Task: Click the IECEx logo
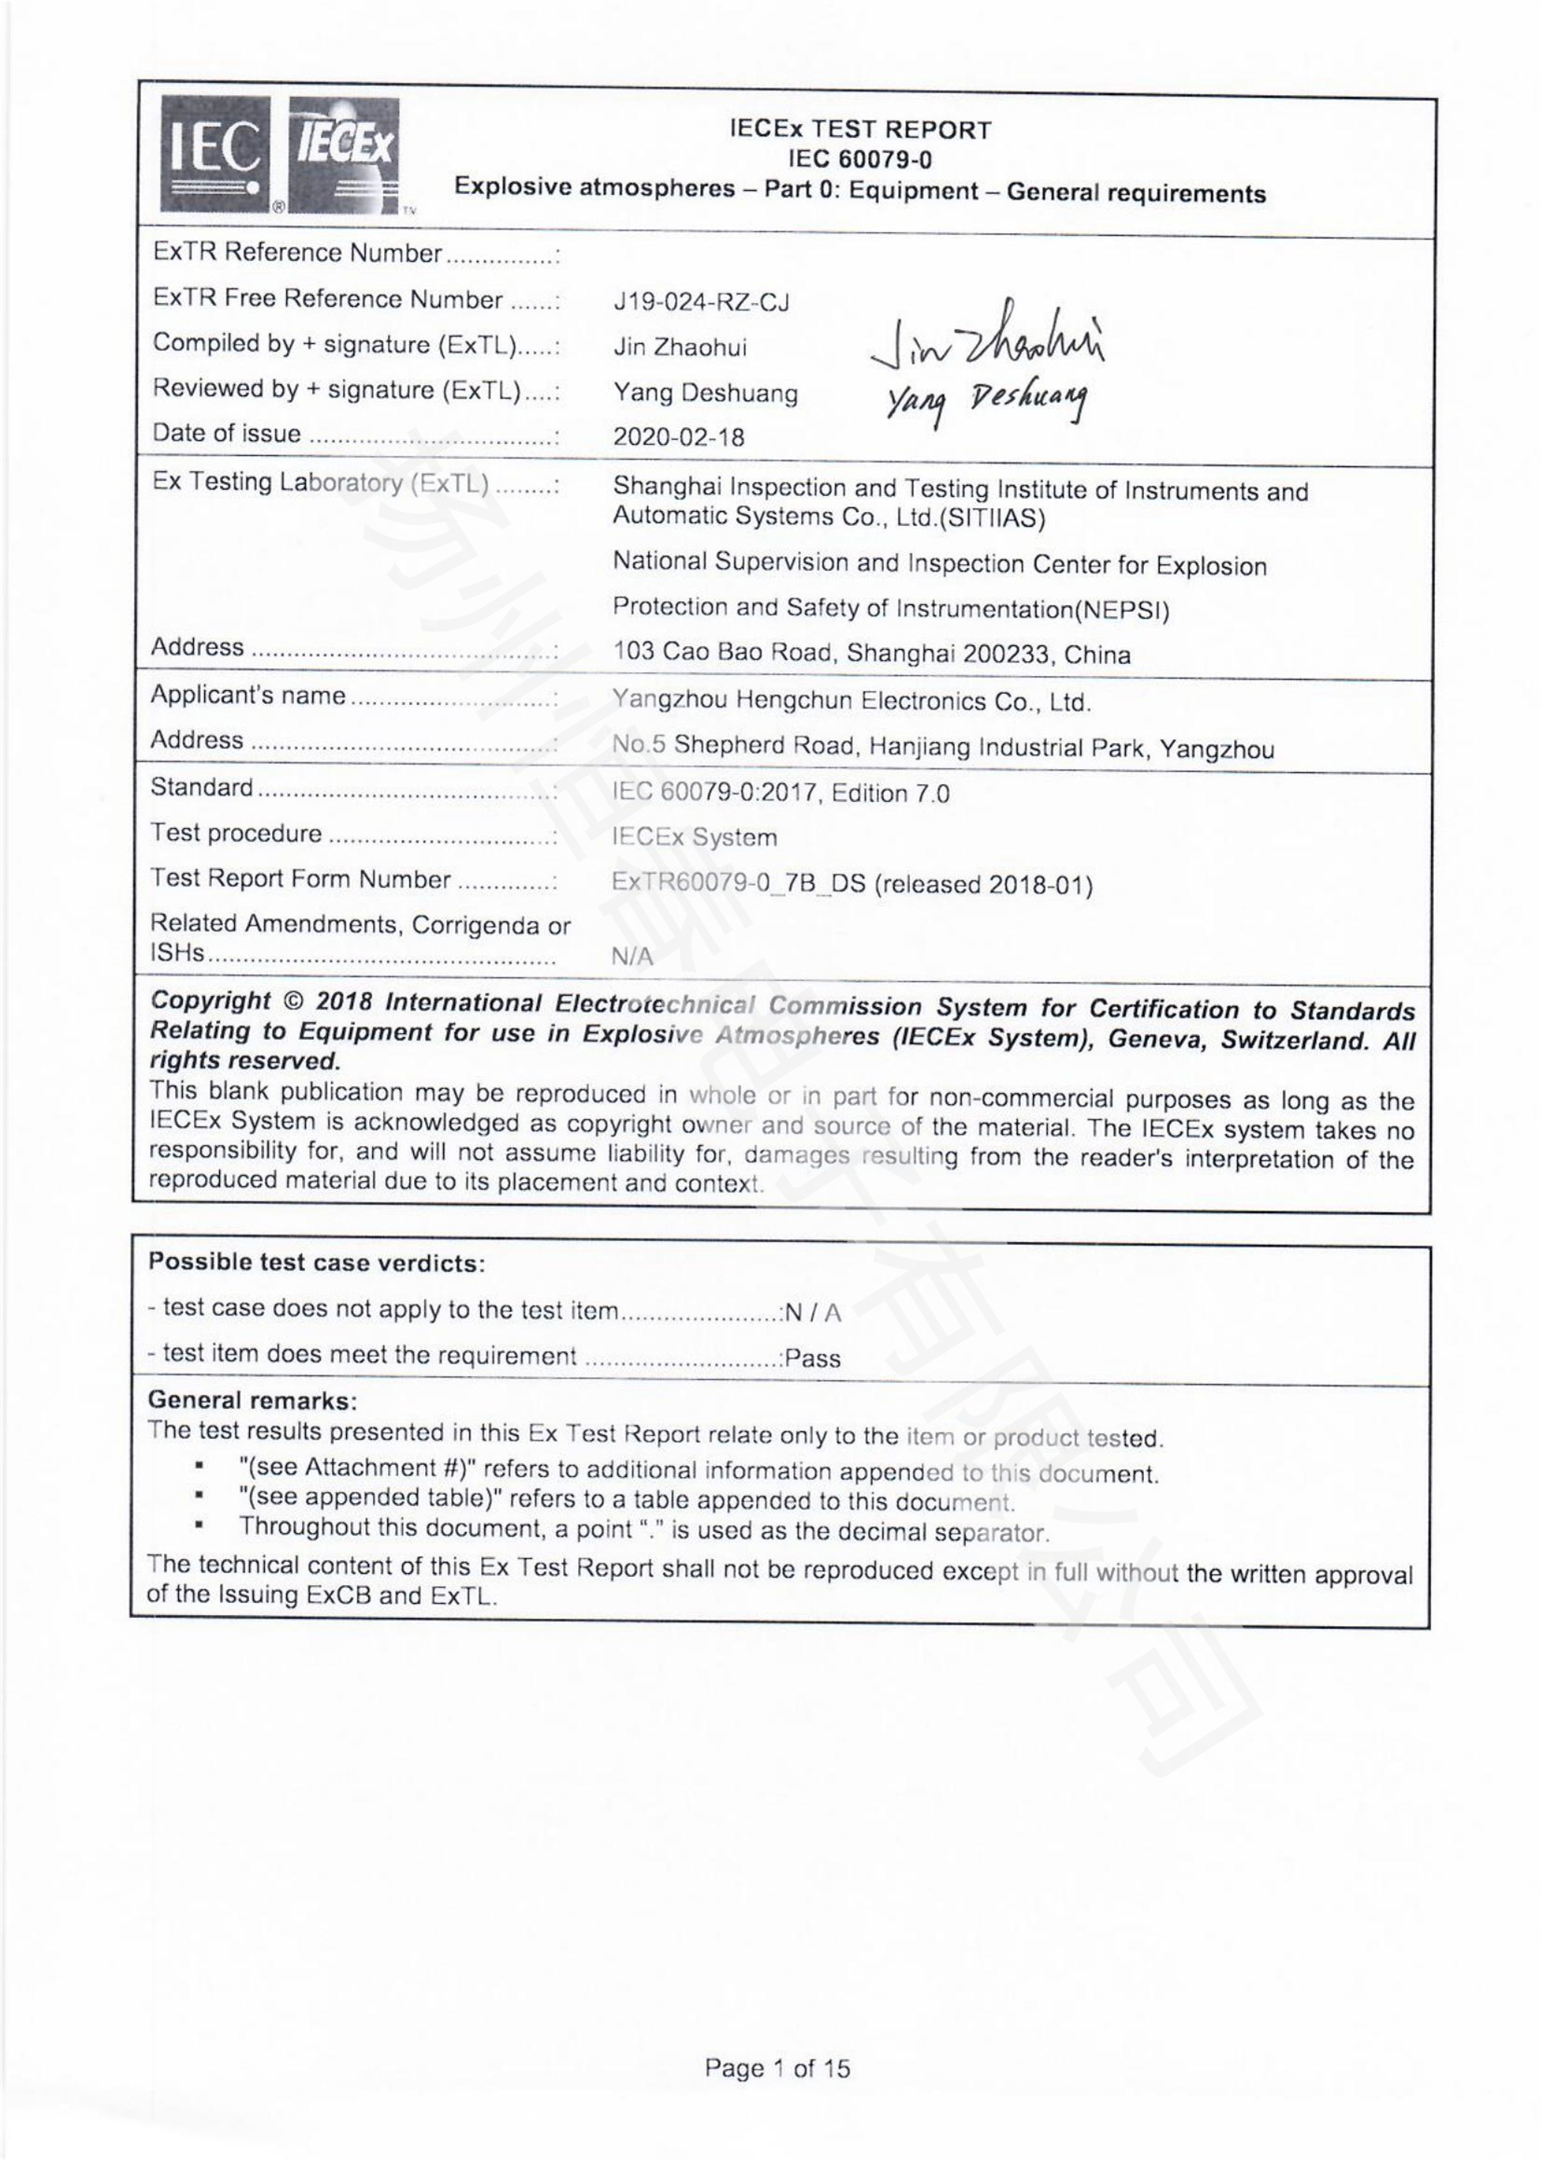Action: [344, 154]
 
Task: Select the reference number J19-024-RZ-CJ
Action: [701, 303]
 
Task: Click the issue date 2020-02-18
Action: [678, 437]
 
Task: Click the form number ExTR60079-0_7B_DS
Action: [738, 883]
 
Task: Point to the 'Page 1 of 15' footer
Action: [777, 2067]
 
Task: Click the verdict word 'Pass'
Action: [813, 1359]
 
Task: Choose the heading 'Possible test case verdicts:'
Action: [316, 1263]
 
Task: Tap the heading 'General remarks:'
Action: [253, 1401]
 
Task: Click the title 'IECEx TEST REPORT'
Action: [860, 130]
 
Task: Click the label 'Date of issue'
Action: [226, 435]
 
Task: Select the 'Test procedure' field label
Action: [236, 833]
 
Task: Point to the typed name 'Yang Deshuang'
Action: [705, 393]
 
